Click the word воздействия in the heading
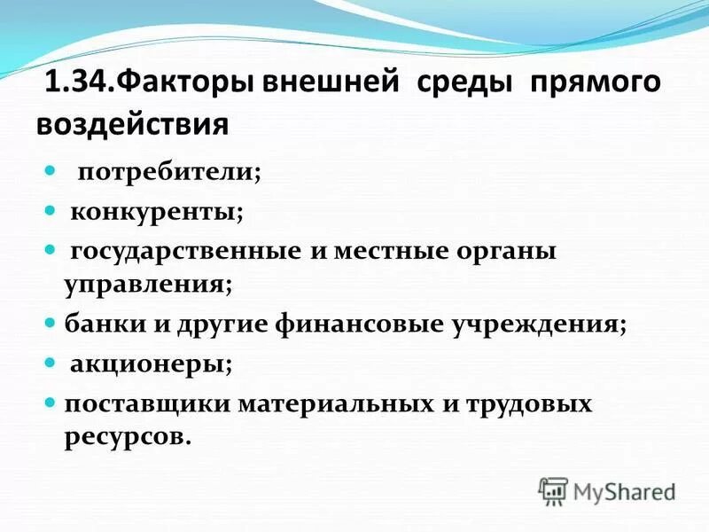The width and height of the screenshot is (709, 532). click(x=132, y=123)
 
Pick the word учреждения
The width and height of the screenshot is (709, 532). click(x=541, y=324)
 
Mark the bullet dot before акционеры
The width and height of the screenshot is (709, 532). click(x=51, y=363)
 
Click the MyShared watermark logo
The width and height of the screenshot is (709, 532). click(x=606, y=491)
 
